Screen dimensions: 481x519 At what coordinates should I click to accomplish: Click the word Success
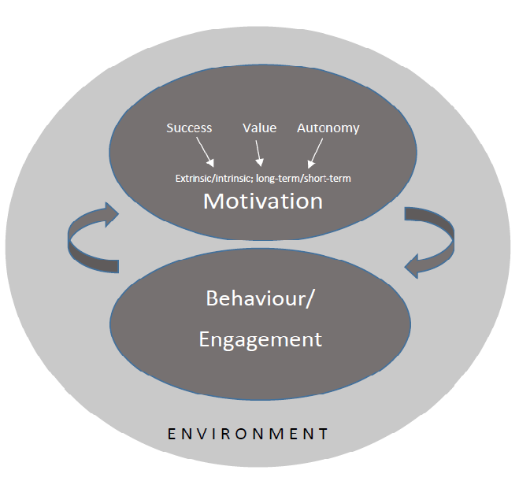coord(190,128)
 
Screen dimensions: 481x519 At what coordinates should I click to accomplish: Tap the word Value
coord(259,128)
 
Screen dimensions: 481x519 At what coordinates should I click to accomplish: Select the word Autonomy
coord(328,128)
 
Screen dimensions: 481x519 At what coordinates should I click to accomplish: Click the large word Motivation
coord(263,201)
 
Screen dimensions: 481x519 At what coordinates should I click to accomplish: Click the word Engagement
coord(260,339)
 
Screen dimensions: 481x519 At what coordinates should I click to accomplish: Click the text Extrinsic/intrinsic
coord(213,178)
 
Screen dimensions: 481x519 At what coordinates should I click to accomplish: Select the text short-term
coord(331,178)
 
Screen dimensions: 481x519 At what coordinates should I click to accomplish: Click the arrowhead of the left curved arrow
coord(109,213)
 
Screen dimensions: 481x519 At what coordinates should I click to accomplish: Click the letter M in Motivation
coord(214,201)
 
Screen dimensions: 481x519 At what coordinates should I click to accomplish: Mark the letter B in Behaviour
coord(211,299)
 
